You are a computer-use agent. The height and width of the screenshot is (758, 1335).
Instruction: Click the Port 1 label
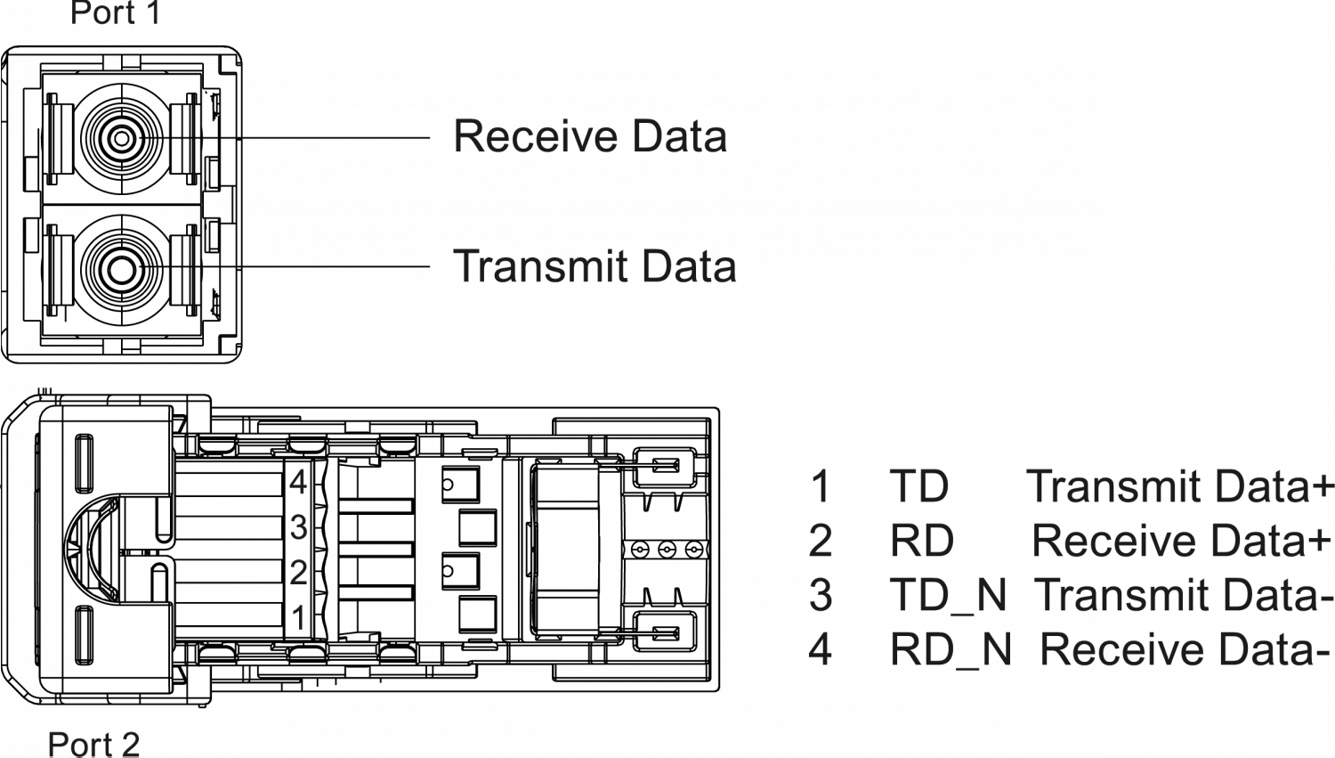click(115, 13)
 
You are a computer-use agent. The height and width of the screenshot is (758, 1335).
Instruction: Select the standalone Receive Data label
click(590, 137)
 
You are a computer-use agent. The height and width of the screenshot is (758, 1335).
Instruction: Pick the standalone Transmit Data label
click(595, 267)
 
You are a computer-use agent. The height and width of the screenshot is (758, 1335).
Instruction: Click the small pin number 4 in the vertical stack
click(298, 483)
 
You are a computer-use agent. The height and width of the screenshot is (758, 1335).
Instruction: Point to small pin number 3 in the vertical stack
click(298, 528)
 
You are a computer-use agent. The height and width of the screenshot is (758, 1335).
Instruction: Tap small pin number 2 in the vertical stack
click(298, 573)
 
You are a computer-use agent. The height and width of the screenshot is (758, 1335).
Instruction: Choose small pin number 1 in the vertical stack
click(299, 618)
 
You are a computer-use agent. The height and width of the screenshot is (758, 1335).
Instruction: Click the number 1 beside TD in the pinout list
click(820, 488)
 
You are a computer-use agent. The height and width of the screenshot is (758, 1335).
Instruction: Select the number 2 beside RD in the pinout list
click(820, 542)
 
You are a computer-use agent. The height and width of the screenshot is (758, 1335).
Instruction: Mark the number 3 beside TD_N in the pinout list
click(820, 595)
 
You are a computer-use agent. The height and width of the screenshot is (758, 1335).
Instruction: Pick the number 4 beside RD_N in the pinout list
click(820, 650)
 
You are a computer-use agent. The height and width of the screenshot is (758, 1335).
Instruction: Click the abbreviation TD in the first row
click(918, 488)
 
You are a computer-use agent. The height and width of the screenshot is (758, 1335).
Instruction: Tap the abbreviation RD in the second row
click(921, 542)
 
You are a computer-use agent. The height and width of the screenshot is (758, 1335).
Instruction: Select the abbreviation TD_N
click(947, 596)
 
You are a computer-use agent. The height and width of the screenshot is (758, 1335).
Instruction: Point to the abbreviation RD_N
click(950, 651)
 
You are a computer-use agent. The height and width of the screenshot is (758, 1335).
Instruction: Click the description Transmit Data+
click(1180, 488)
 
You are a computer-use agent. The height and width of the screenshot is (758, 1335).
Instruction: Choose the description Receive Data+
click(1182, 542)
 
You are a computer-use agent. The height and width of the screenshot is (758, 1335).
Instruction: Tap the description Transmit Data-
click(1184, 596)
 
